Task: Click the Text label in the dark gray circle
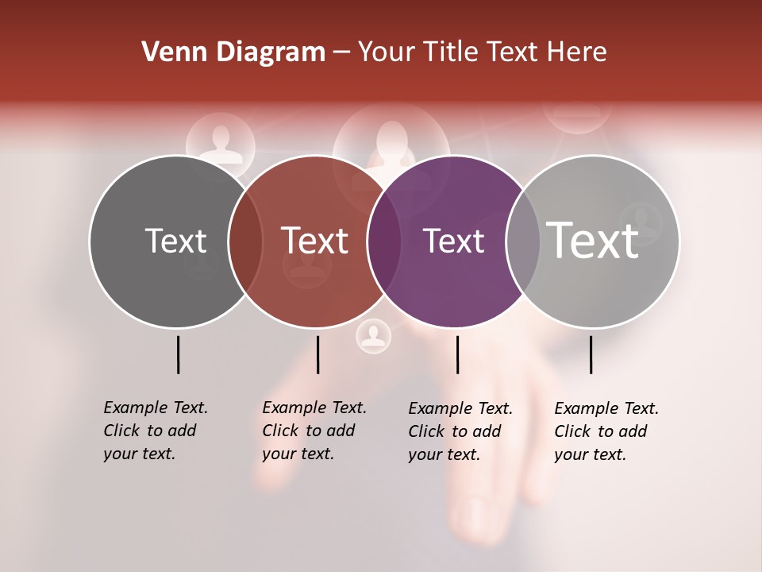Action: tap(175, 241)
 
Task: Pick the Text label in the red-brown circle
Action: tap(314, 241)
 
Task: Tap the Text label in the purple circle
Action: tap(453, 241)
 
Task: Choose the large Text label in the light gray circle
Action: tap(592, 241)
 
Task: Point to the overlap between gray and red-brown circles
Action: tap(245, 242)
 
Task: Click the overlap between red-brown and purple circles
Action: tap(384, 242)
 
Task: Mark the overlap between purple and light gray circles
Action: tap(522, 242)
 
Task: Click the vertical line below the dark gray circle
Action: tap(178, 354)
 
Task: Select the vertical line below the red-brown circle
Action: tap(317, 354)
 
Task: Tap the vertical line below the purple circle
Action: tap(457, 354)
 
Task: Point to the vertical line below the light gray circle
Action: tap(591, 354)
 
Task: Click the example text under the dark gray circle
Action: tap(155, 431)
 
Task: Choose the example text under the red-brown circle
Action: tap(314, 431)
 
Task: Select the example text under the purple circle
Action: tap(460, 431)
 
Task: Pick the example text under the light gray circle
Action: tap(606, 431)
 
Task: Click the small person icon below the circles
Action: tap(373, 336)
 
